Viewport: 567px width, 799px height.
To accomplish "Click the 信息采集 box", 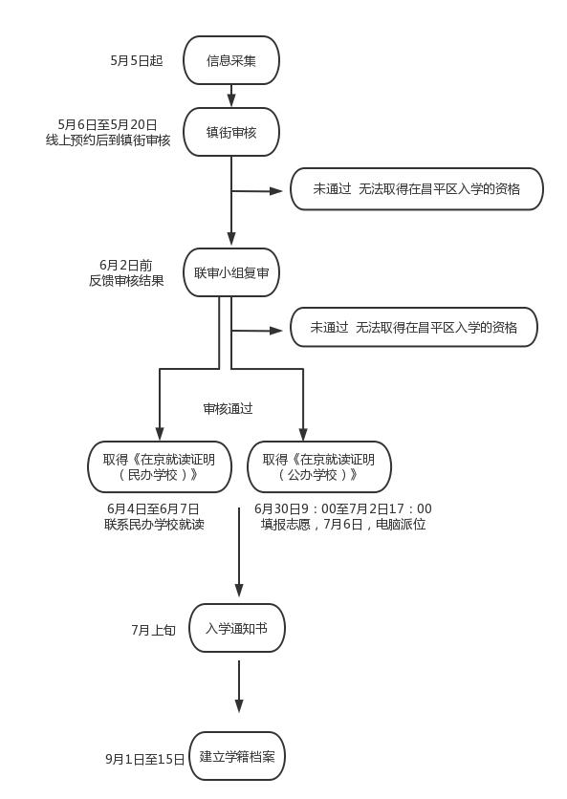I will pos(231,61).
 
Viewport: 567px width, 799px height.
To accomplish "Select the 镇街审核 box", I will pos(231,132).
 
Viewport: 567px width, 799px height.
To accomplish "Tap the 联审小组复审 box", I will pos(231,272).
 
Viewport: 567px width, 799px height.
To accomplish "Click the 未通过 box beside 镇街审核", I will pos(417,189).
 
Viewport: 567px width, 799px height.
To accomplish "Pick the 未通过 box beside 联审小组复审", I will pos(414,328).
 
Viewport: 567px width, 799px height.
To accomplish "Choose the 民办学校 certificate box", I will pos(160,466).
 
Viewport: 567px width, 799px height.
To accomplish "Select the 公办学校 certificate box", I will pos(318,466).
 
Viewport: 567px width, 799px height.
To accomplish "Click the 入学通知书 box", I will pos(237,628).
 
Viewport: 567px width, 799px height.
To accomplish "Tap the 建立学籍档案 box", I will pos(238,756).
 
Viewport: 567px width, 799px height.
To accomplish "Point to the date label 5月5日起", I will pos(137,61).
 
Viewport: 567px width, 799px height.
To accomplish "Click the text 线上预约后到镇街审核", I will pos(108,140).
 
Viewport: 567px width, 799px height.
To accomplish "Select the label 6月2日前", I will pos(126,265).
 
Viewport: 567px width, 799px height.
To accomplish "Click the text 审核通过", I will pos(228,408).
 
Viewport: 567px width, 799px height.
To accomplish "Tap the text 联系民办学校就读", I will pos(154,524).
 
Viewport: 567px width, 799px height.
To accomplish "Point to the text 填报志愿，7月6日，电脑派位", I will pos(343,524).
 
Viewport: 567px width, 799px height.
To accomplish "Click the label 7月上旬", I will pos(154,630).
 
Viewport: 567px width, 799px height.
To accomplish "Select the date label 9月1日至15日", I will pos(145,759).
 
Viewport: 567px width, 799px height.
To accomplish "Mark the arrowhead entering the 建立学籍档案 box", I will pos(238,705).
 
